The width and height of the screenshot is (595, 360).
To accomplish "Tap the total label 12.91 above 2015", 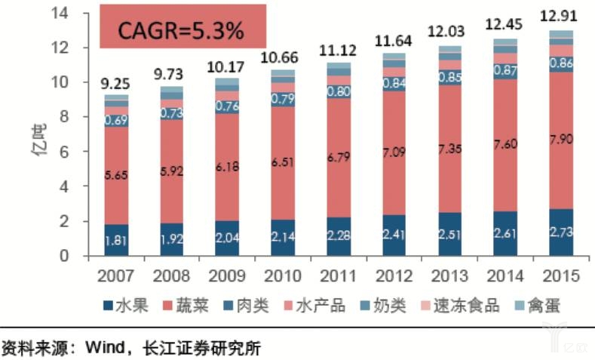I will tap(559, 14).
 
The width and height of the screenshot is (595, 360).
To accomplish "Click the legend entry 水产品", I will tap(327, 306).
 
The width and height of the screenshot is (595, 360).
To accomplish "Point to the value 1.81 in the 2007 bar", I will tap(116, 242).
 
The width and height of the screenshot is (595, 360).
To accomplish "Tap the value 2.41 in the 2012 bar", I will tap(393, 237).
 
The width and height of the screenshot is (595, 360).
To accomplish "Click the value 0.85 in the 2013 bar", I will tap(449, 76).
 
